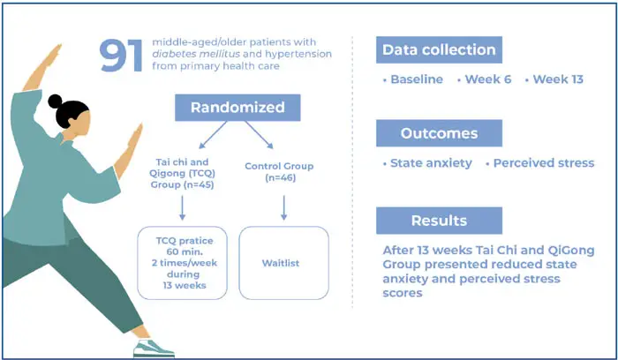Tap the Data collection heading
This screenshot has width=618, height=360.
tap(439, 49)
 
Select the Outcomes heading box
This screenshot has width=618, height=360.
tap(439, 133)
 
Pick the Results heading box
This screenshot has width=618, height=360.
tap(439, 220)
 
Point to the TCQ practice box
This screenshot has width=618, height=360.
tap(183, 261)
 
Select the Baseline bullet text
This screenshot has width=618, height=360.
tap(415, 80)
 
